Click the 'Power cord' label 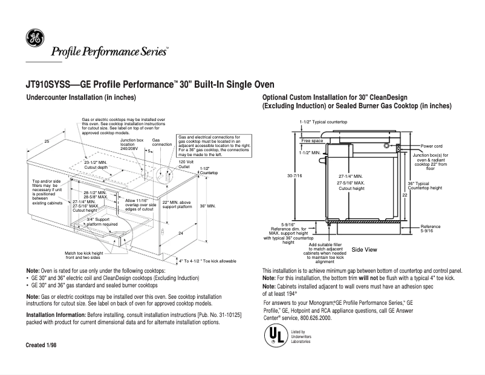click(432, 146)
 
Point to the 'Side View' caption click(364, 249)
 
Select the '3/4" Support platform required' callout click(102, 221)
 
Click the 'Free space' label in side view click(312, 140)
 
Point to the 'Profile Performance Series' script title click(109, 51)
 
